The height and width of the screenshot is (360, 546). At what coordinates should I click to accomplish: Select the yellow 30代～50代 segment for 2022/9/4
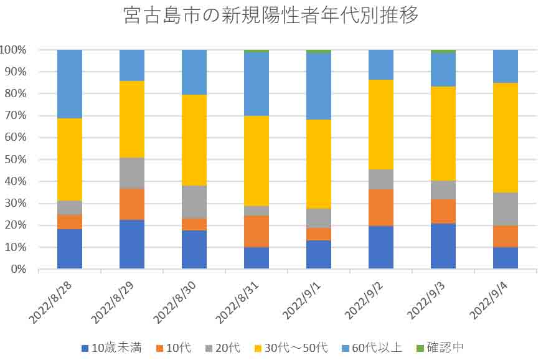click(505, 138)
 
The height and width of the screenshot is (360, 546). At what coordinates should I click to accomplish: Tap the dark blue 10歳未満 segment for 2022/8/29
click(132, 244)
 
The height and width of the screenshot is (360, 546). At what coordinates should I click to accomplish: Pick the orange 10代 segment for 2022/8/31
click(257, 231)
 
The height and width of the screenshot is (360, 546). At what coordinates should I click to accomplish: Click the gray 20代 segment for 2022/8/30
click(194, 202)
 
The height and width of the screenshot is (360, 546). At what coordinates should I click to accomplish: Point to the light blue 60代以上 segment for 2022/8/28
click(70, 83)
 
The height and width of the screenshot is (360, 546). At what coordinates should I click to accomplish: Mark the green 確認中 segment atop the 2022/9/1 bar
click(319, 51)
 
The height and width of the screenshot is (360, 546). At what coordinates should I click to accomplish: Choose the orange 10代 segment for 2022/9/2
click(381, 207)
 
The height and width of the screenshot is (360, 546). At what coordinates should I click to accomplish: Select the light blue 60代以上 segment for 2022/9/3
click(443, 70)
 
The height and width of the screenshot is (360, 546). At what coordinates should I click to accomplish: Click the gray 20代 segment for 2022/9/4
click(505, 209)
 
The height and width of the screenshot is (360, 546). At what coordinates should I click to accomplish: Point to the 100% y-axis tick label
click(12, 50)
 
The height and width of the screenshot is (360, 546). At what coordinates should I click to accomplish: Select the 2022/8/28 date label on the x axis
click(50, 300)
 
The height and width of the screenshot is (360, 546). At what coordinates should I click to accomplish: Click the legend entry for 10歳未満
click(111, 348)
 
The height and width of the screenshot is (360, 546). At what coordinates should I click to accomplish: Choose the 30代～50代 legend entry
click(290, 348)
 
